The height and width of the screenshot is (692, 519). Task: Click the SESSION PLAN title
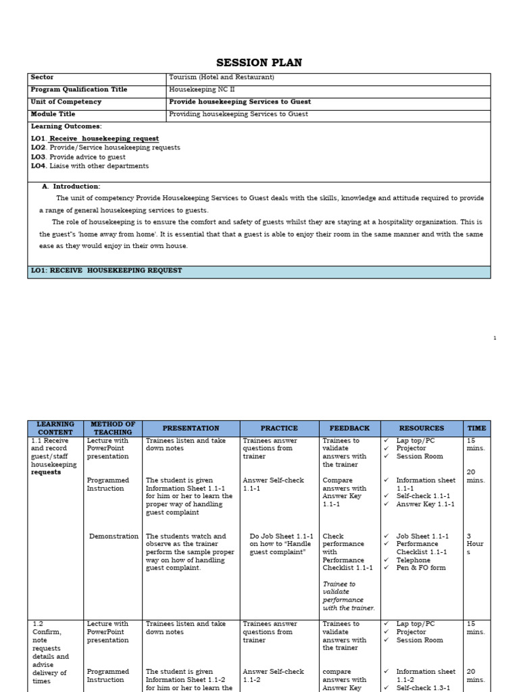(259, 63)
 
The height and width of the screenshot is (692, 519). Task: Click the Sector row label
(42, 78)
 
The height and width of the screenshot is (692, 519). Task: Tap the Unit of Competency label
(66, 102)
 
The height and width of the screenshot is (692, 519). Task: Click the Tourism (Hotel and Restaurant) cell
(222, 78)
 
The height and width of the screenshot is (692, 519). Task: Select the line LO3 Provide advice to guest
(78, 157)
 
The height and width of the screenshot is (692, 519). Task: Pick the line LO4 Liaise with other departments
(90, 166)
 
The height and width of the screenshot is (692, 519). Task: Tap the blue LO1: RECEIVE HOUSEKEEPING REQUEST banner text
(107, 271)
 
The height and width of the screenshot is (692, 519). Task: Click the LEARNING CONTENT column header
(55, 428)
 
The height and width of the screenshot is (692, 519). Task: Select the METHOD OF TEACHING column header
(113, 428)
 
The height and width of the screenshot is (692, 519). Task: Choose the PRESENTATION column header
(191, 428)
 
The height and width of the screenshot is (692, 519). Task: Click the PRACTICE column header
(279, 428)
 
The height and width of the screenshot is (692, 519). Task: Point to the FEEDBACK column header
(349, 428)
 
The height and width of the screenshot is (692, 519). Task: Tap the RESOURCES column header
(422, 428)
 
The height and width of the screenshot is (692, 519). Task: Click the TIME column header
(476, 428)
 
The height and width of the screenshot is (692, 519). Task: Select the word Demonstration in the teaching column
(114, 537)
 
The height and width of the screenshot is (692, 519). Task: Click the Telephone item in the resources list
(413, 560)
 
